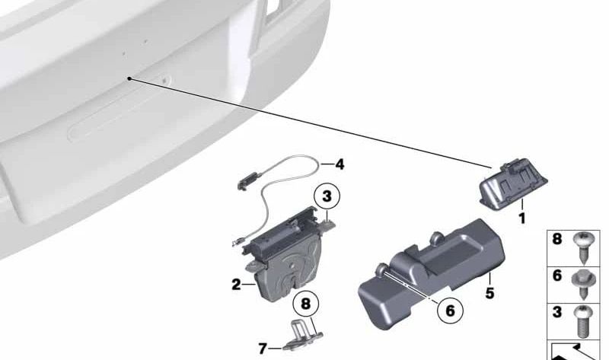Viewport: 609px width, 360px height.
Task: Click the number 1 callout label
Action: tap(522, 218)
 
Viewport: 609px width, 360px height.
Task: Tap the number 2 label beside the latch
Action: tap(236, 285)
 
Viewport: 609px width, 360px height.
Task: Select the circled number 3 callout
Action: tap(327, 196)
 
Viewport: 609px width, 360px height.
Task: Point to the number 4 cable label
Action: tap(340, 164)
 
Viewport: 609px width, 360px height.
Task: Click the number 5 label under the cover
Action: tap(489, 293)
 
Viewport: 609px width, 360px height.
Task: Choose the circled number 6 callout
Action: tap(450, 311)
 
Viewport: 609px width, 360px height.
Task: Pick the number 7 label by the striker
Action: tap(263, 349)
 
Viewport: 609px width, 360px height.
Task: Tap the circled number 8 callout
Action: tap(306, 304)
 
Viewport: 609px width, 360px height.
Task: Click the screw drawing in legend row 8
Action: tap(582, 248)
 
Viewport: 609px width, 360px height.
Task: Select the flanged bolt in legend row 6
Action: tap(582, 284)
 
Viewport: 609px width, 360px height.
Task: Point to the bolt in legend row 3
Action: tap(582, 321)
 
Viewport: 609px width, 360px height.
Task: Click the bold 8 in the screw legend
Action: tap(557, 239)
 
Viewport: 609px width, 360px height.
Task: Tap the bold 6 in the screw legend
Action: tap(557, 276)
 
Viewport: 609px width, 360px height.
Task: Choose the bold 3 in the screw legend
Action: tap(557, 312)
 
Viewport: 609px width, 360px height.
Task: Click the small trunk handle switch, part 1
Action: tap(512, 183)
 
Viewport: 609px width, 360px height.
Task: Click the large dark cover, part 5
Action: tap(431, 275)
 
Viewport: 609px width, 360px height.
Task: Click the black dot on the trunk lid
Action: tap(129, 78)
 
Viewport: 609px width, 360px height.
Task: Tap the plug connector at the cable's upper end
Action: tap(247, 181)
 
